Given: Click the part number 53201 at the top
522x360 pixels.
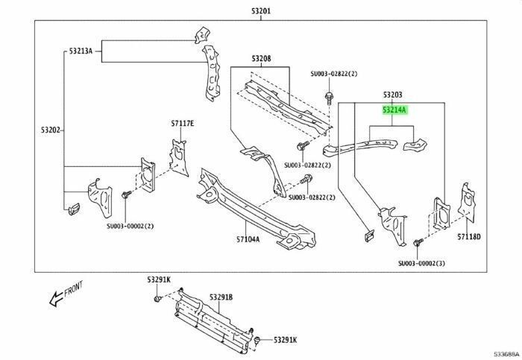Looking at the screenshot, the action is (261, 11).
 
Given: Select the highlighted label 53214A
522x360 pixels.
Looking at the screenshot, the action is (394, 110).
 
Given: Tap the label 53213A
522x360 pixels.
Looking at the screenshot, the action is (81, 51).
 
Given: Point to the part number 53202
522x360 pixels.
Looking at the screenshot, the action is (51, 130).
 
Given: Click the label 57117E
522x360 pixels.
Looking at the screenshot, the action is (183, 124).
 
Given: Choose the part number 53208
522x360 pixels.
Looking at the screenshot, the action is (261, 59).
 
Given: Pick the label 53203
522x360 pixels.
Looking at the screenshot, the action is (392, 95).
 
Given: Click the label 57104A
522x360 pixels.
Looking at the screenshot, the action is (248, 239).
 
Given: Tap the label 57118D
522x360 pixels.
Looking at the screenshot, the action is (469, 236).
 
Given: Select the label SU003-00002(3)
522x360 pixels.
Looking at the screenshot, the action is (421, 263).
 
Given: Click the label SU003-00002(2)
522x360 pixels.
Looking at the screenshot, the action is (130, 226).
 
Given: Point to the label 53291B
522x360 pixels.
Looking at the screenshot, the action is (221, 297).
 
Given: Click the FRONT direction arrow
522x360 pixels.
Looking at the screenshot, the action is (57, 298).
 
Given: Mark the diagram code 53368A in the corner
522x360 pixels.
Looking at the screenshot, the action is (506, 353).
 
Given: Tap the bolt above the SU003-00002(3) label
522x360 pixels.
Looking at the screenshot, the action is (418, 242).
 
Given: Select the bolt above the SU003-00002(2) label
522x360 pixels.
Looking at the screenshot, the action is (127, 195).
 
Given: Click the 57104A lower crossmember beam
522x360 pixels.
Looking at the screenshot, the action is (256, 209).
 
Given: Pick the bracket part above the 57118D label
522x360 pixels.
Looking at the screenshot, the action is (466, 201).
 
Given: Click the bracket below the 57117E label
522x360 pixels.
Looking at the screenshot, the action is (179, 157).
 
